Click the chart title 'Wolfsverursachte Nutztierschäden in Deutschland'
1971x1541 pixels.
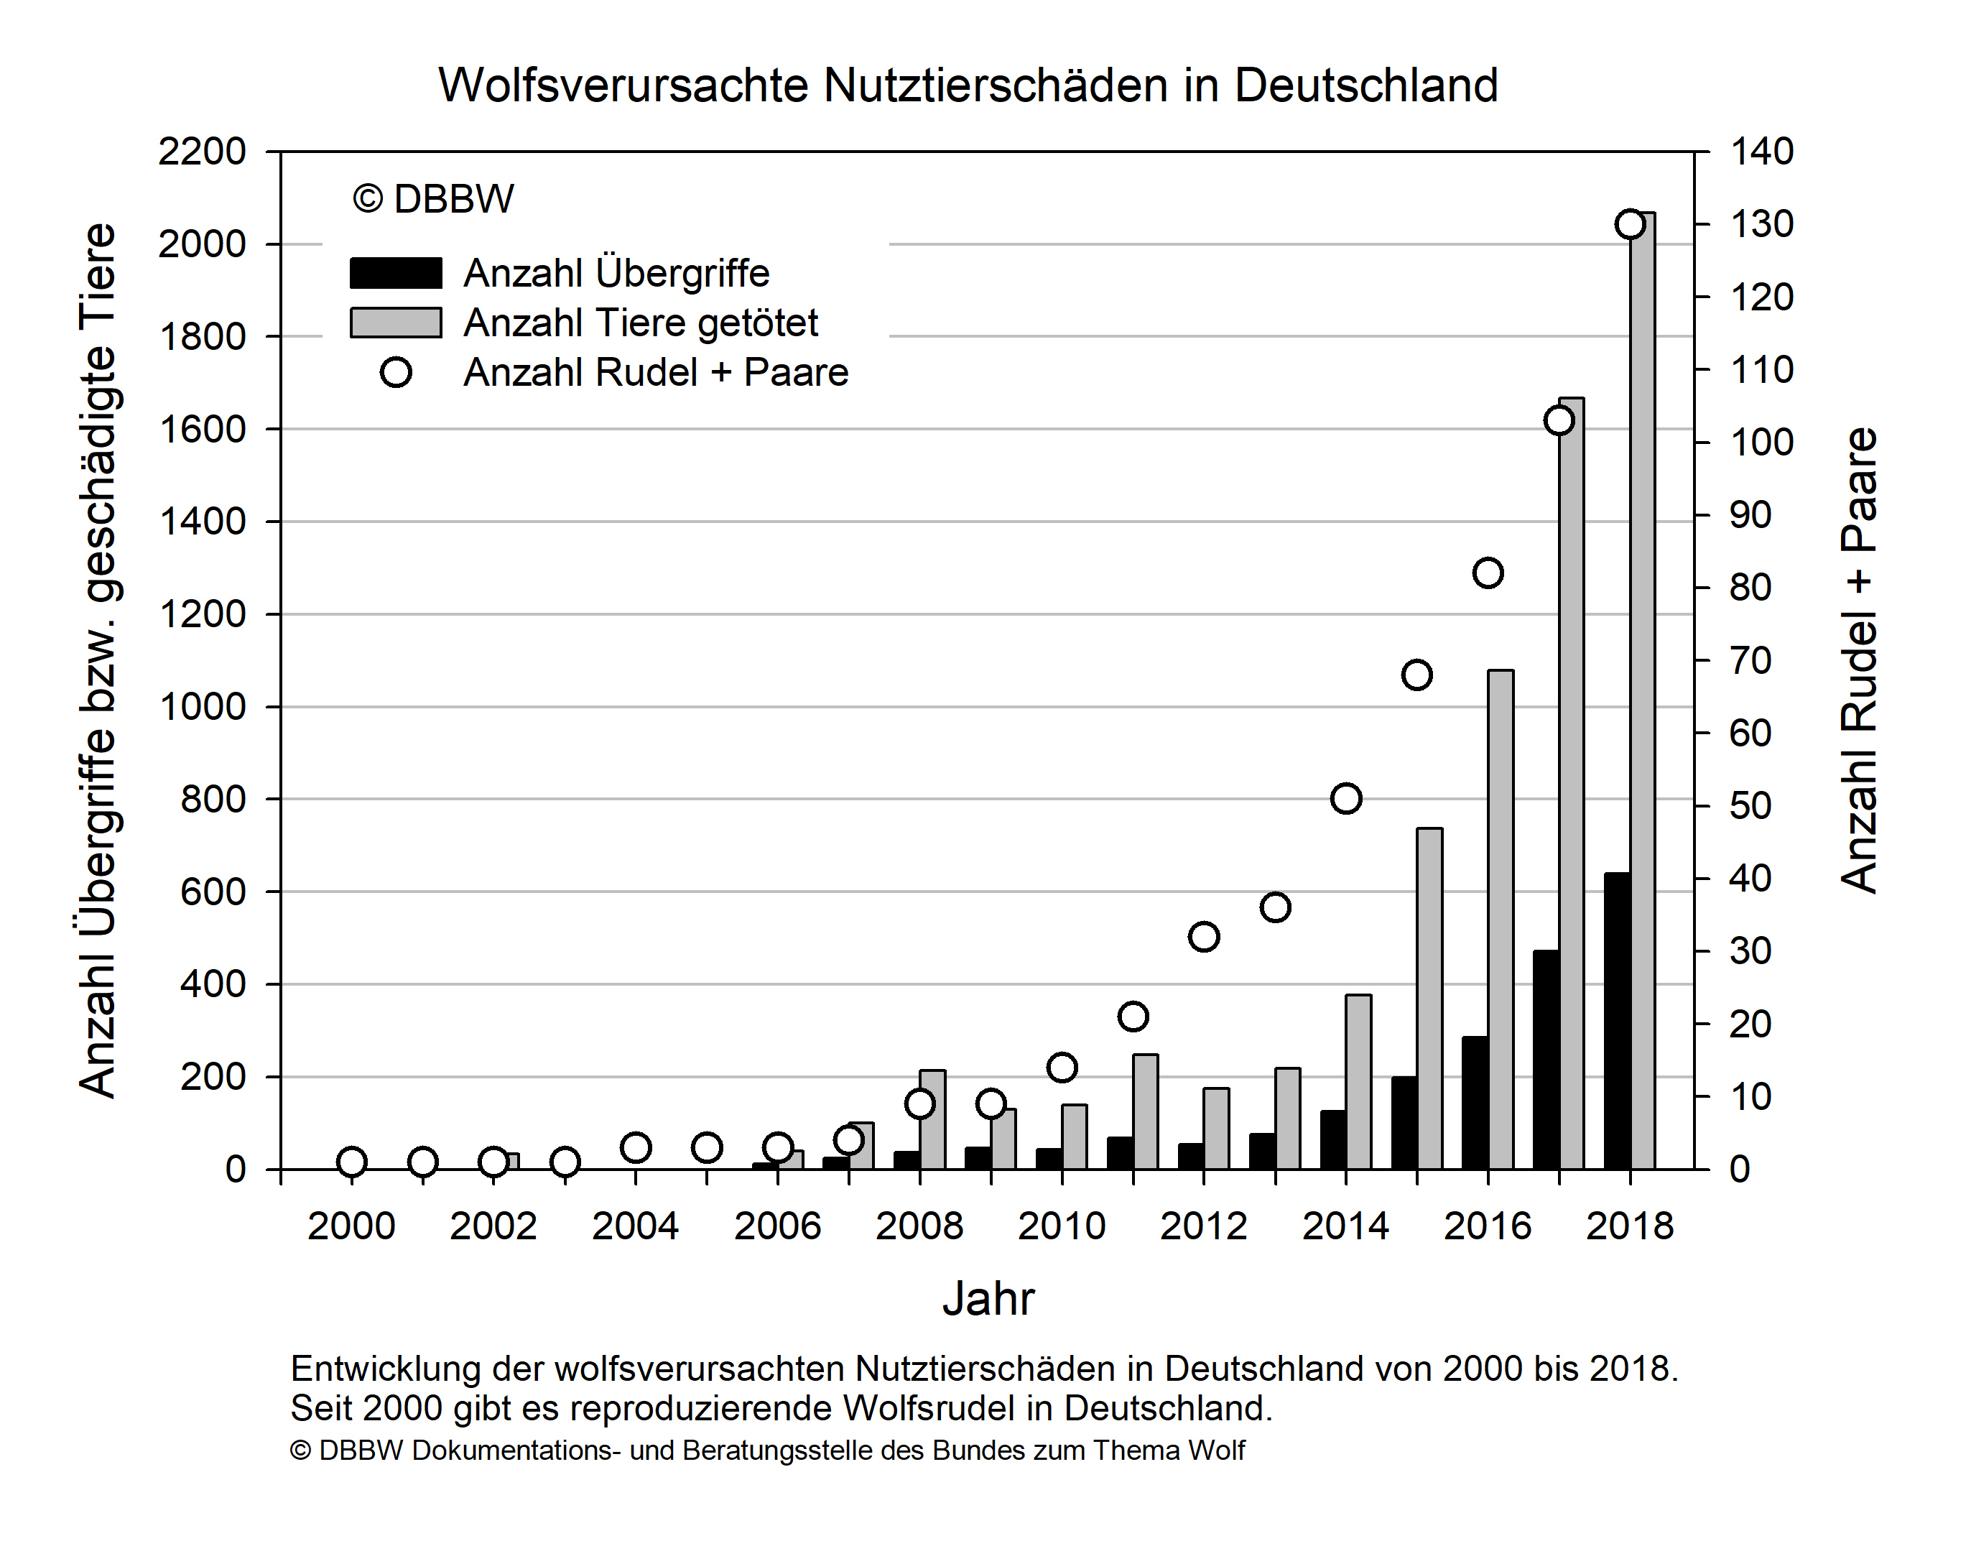point(968,85)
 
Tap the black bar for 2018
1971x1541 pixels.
point(1616,1020)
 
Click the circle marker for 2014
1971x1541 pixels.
point(1345,799)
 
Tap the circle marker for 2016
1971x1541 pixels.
point(1488,573)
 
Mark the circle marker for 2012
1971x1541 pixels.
point(1204,937)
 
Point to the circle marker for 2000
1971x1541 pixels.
point(352,1162)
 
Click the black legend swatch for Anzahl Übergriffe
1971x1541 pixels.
point(395,272)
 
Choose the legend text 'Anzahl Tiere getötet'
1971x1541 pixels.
point(641,323)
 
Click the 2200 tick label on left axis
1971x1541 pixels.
point(201,152)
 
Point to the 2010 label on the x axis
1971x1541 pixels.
point(1062,1226)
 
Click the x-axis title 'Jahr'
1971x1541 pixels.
point(988,1299)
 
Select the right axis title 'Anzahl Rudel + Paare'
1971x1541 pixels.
point(1859,661)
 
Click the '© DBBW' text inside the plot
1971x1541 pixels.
point(433,198)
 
